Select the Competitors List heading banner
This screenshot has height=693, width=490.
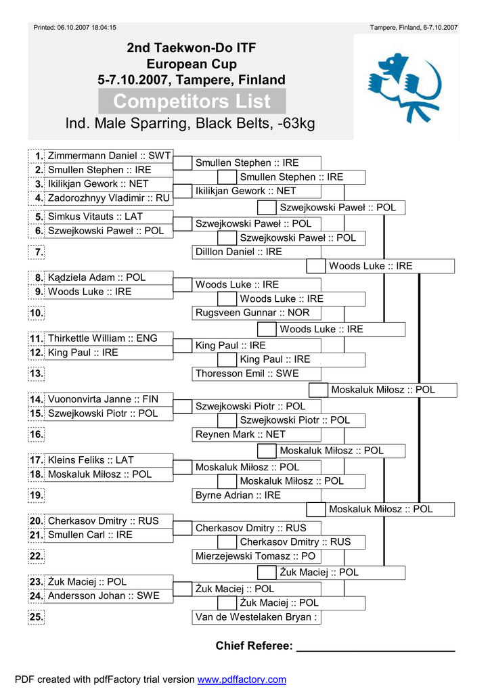(x=192, y=102)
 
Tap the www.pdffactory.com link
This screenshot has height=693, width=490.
(x=242, y=679)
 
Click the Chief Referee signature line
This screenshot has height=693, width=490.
(x=376, y=650)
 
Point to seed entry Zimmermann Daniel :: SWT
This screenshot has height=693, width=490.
(x=109, y=156)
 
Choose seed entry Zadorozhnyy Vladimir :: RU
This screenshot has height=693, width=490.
(x=109, y=198)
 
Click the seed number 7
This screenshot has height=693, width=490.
(x=39, y=252)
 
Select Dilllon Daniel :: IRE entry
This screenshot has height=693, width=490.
(x=239, y=252)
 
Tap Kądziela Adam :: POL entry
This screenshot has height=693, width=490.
(x=96, y=277)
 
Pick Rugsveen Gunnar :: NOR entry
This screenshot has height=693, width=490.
(x=252, y=313)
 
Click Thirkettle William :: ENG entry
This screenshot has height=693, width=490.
(x=102, y=338)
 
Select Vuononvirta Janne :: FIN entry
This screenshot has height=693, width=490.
(x=103, y=399)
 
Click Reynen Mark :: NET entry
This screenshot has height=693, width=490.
(x=240, y=434)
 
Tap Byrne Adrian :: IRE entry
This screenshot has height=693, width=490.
(x=238, y=495)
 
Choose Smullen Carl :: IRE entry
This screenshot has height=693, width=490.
(x=90, y=535)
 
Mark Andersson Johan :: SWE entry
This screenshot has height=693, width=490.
(x=104, y=596)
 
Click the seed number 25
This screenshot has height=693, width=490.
(x=37, y=617)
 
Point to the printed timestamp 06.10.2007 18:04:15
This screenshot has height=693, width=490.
(x=87, y=27)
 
